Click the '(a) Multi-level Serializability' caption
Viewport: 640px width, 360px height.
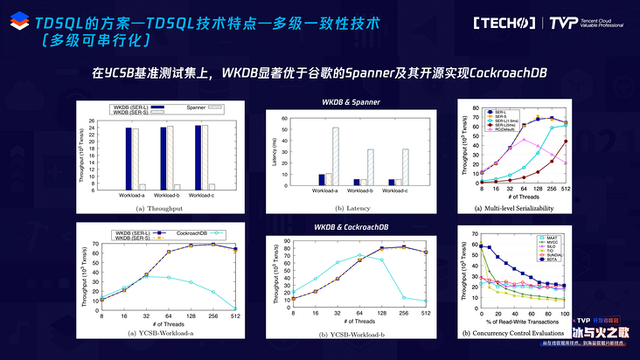pyautogui.click(x=525, y=210)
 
